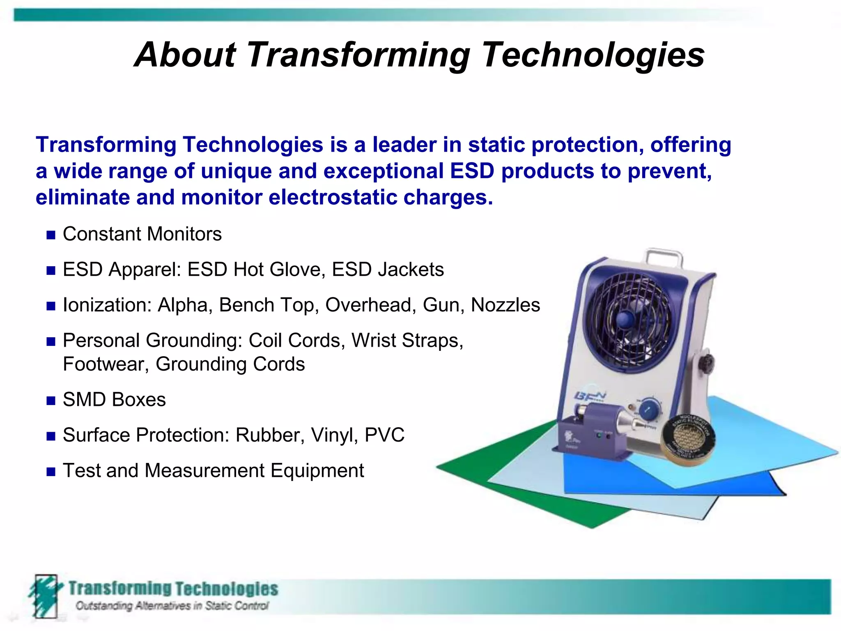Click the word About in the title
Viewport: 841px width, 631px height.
tap(186, 55)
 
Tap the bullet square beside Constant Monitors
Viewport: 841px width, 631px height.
tap(51, 235)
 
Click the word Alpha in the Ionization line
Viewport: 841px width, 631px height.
tap(182, 305)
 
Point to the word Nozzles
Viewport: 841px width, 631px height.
tap(505, 305)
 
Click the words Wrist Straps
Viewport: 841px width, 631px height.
tap(407, 341)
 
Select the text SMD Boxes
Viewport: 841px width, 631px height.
tap(114, 400)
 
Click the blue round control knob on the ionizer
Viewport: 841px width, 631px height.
tap(650, 409)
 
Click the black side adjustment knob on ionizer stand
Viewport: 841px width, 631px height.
tap(707, 362)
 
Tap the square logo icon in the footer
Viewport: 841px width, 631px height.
tap(45, 596)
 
